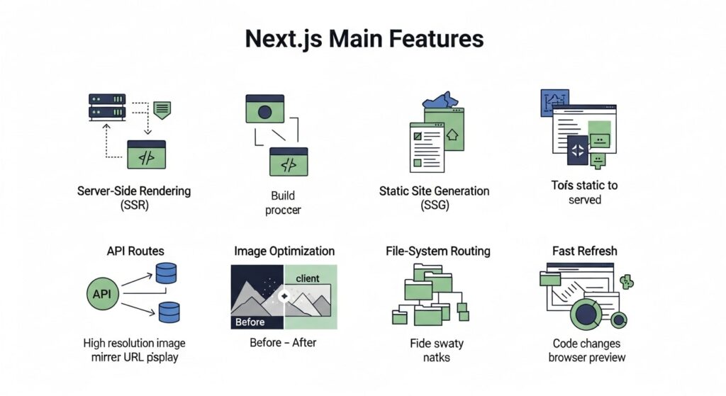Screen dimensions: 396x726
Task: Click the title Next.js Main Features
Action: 364,38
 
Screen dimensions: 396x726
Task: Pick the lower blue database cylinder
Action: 169,312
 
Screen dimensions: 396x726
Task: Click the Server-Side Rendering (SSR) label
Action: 134,199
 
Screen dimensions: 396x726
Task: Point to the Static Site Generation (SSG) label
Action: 434,199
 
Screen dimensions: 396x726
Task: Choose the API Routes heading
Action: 135,251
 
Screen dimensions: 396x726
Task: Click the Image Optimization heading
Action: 284,251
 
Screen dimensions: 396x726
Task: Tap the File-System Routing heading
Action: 437,251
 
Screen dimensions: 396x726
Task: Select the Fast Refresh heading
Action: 585,251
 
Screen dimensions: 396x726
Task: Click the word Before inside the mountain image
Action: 250,322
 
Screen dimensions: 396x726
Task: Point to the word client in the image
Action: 308,278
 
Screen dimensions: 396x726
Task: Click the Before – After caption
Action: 283,343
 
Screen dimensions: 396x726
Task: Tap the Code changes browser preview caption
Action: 587,350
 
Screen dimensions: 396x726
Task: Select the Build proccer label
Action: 283,203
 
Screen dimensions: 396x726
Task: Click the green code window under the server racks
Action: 146,154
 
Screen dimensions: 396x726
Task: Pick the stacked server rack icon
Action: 107,106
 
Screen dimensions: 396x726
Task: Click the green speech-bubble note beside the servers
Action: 162,110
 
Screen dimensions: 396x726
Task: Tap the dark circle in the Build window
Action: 265,111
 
